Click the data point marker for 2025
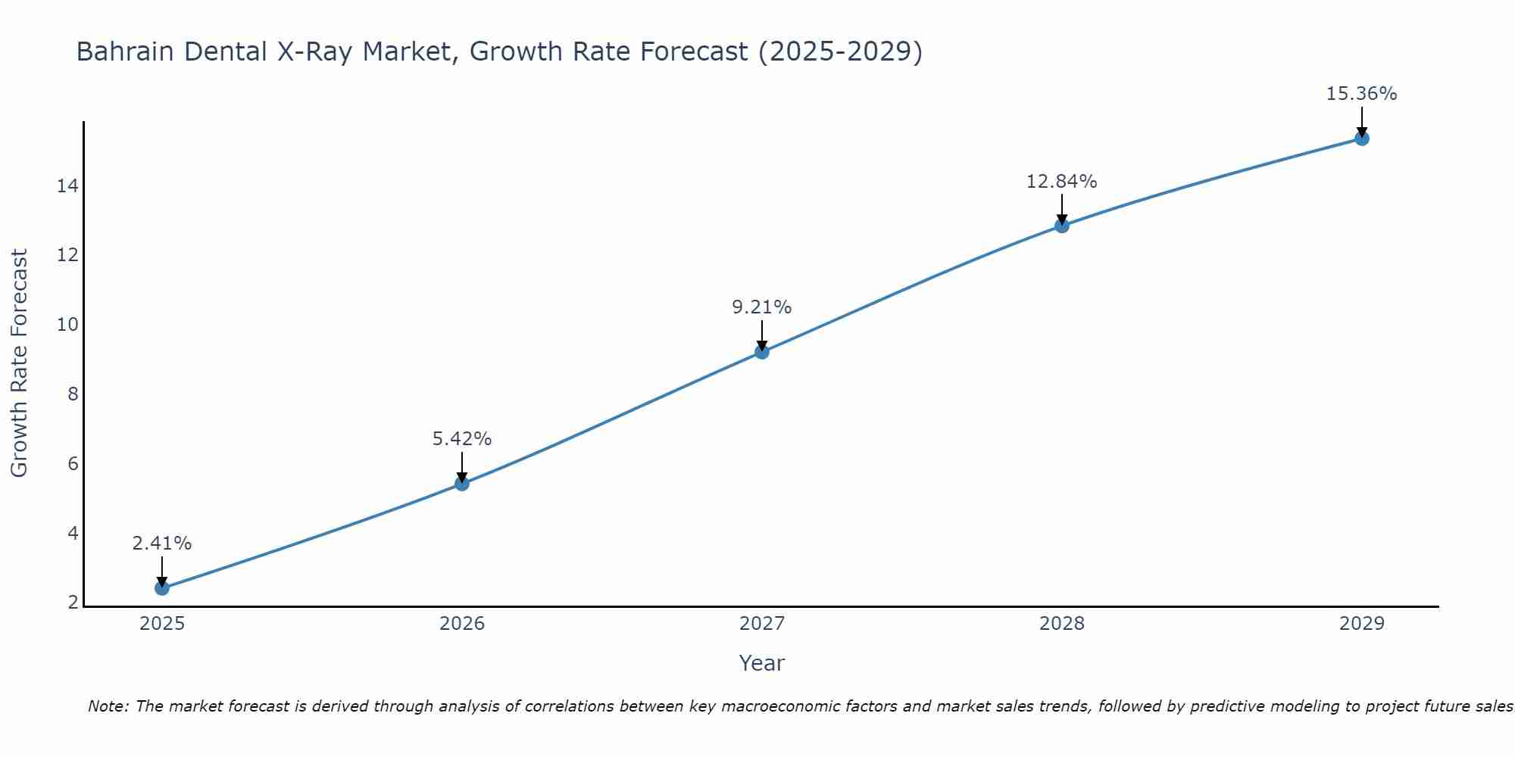[161, 588]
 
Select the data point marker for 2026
[462, 484]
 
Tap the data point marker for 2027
[762, 352]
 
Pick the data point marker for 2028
[1062, 226]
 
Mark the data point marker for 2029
[1362, 139]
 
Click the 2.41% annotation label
[161, 544]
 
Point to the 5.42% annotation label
[462, 439]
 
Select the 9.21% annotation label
[762, 307]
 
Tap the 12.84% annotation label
[1062, 182]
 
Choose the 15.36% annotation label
[1362, 94]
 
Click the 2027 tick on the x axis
[762, 624]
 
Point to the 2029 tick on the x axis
[1362, 624]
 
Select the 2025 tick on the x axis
[162, 624]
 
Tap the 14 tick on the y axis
[67, 185]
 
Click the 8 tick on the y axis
[73, 394]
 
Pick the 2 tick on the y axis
[73, 603]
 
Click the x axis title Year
[762, 663]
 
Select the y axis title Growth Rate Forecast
[20, 363]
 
